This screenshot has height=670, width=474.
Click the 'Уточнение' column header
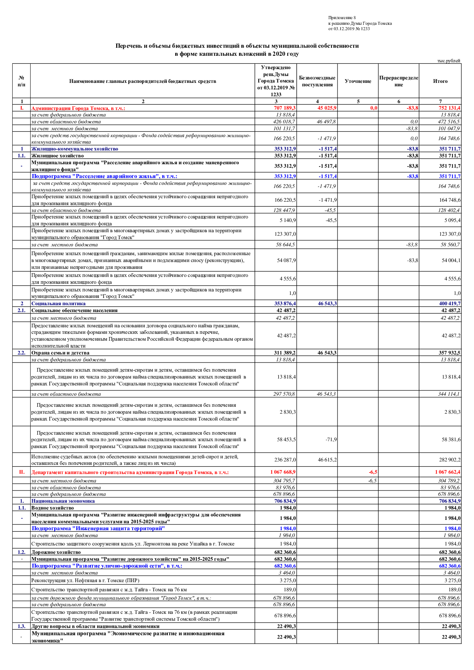tap(358, 81)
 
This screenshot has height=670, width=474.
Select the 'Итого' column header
tap(440, 81)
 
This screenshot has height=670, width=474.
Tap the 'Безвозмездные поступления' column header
tap(317, 81)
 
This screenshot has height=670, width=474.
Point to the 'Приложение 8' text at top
tap(342, 18)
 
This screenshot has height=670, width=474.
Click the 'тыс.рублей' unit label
tap(449, 61)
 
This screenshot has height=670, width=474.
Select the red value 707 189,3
tap(284, 108)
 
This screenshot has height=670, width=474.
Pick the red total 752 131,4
tap(449, 108)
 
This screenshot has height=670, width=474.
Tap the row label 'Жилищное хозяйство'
tap(57, 155)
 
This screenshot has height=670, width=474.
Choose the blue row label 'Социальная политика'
tap(58, 303)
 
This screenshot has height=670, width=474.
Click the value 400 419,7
tap(450, 303)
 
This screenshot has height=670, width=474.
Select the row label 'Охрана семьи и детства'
tap(60, 353)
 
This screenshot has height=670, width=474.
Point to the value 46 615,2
tap(327, 460)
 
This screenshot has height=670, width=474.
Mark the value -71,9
tap(331, 439)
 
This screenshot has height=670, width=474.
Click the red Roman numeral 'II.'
tap(22, 472)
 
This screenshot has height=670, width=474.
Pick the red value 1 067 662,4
tap(448, 472)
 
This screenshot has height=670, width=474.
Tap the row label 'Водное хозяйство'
tap(52, 508)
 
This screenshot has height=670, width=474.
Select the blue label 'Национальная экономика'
tap(63, 501)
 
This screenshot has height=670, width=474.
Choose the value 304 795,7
tap(284, 481)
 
